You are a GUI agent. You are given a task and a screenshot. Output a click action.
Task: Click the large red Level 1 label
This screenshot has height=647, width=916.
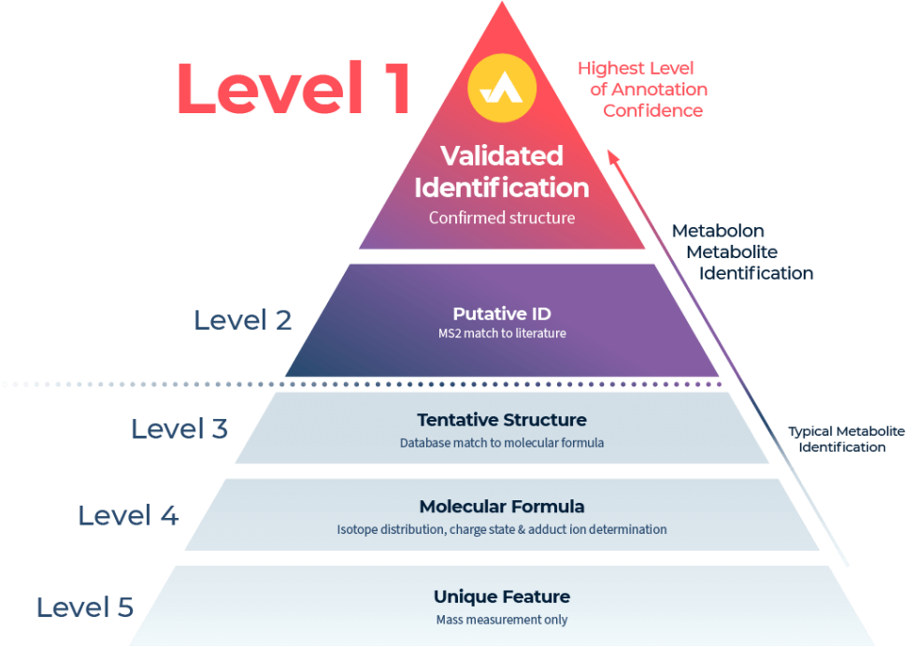coord(293,90)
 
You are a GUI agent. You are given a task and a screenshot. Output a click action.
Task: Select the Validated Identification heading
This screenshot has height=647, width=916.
coord(502,171)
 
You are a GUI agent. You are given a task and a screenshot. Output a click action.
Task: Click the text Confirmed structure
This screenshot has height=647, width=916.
coord(502,218)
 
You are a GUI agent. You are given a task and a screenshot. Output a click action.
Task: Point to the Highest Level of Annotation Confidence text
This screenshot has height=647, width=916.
coord(643,90)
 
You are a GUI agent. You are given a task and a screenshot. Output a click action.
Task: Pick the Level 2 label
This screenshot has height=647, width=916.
coord(243,321)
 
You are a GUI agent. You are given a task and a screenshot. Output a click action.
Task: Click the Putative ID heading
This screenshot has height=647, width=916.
coord(502,313)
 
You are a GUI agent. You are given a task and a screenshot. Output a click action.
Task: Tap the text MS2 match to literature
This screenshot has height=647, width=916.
coord(502,333)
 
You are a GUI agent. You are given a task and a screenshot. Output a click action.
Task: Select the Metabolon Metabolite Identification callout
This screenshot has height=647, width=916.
coord(738,252)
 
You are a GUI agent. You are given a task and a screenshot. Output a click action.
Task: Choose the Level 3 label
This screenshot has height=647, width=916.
coord(179,429)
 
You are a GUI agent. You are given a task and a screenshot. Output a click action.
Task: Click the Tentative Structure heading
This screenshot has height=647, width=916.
coord(502,420)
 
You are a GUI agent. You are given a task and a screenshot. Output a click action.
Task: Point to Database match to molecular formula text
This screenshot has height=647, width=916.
coord(502,442)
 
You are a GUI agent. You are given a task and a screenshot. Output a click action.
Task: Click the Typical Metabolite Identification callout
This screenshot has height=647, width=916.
coord(844,439)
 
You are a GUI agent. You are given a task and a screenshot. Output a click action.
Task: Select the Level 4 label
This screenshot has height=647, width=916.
coord(128,515)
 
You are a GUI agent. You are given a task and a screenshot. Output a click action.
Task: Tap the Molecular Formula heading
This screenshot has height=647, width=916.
coord(502,507)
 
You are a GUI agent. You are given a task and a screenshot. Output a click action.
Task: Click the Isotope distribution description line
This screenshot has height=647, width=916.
coord(502,529)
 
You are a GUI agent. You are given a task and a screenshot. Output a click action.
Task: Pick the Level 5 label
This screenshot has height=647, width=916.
coord(85,608)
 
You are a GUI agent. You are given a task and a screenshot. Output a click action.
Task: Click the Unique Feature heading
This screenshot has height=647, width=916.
coord(502,597)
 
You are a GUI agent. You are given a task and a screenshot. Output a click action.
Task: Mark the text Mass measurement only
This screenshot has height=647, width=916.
coord(502,619)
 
